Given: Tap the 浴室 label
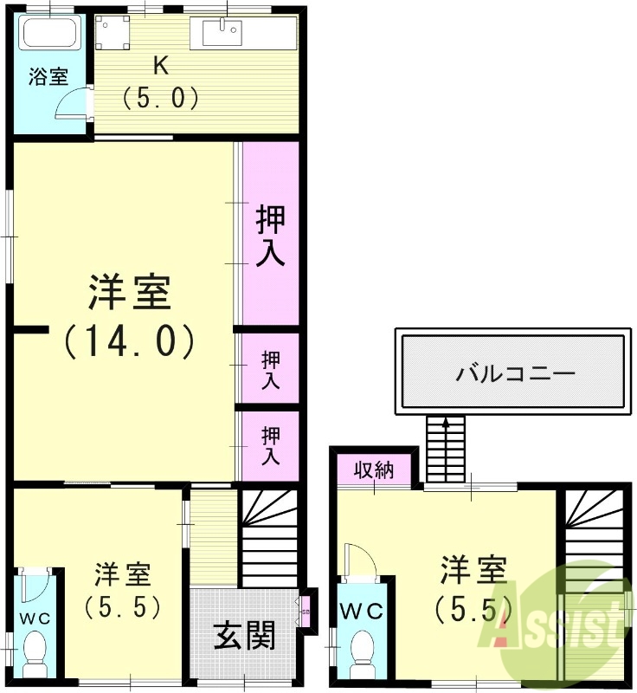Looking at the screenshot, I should [x=48, y=77].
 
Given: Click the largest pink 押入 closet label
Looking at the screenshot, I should [x=271, y=236].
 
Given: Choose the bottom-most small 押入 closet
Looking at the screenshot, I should [x=271, y=445].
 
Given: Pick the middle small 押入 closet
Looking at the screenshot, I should [x=271, y=370].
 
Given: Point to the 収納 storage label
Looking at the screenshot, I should [x=375, y=470].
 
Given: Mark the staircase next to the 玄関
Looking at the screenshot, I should [x=267, y=537].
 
